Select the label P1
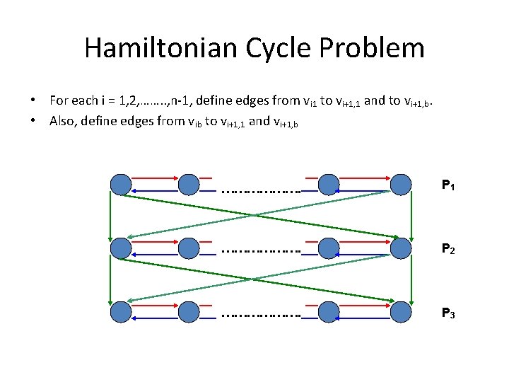448,186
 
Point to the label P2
448,249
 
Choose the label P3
448,312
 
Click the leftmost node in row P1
121,185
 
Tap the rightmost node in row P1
401,185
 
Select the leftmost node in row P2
121,248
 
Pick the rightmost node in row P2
401,248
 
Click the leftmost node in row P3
121,311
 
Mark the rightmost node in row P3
401,311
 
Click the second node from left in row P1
188,185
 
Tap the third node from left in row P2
328,248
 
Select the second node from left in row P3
188,311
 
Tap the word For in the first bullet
59,100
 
